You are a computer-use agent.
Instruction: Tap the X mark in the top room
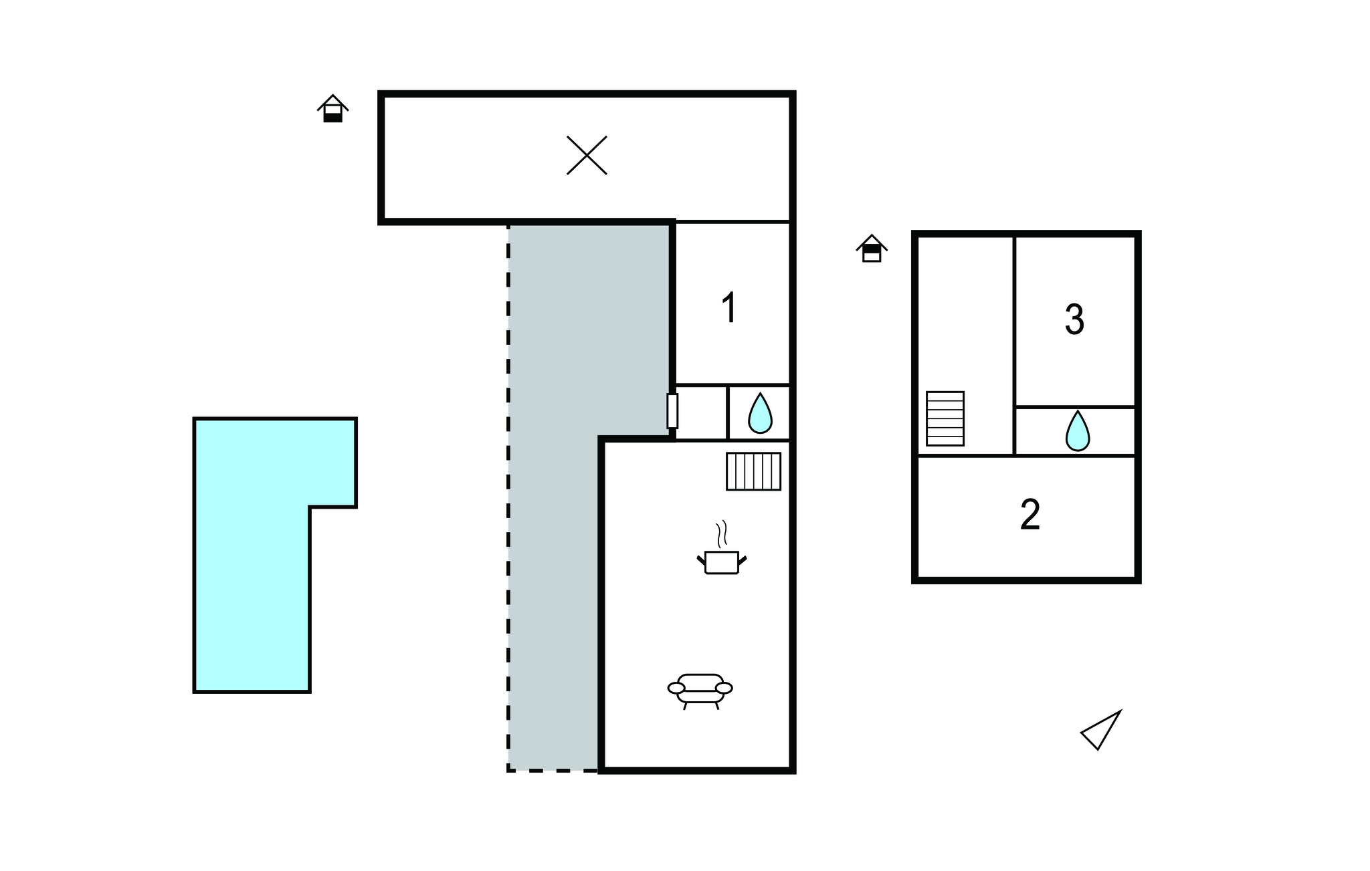[587, 155]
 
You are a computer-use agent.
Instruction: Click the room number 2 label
[1030, 515]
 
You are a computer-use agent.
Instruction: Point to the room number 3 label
[1074, 320]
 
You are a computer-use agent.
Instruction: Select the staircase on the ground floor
[754, 471]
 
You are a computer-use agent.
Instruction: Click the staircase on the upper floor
[945, 418]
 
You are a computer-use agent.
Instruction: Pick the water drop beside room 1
[760, 413]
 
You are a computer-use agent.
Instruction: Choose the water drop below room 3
[1077, 431]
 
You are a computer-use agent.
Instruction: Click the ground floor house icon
[332, 108]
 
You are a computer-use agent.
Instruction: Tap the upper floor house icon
[872, 248]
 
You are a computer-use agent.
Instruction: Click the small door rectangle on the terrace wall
[672, 411]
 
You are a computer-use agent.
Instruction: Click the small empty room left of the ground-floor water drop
[701, 412]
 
